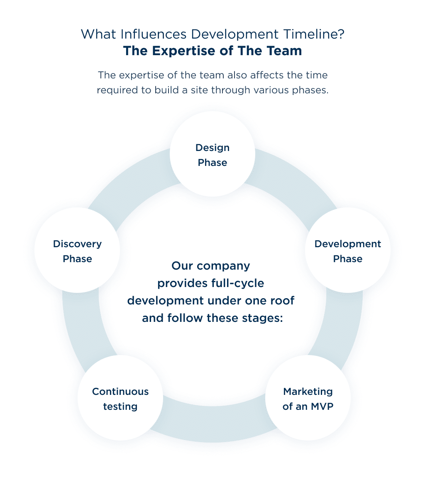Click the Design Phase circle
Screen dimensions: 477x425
point(212,154)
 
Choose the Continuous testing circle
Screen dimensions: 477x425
point(120,398)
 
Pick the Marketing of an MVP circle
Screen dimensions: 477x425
point(308,398)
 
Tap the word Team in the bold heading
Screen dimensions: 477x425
point(284,51)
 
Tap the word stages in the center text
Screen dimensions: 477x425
point(262,318)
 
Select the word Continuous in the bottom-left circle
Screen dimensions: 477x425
point(120,392)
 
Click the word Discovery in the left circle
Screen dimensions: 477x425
point(77,244)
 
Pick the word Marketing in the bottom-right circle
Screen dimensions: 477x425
point(308,392)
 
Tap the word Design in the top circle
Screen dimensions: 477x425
point(212,148)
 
